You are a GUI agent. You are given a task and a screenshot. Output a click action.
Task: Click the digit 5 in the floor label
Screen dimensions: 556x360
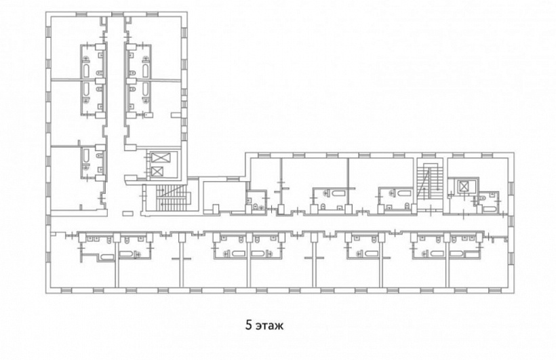click(x=249, y=325)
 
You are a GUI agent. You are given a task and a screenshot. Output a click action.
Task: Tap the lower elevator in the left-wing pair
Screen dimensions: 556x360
click(x=156, y=172)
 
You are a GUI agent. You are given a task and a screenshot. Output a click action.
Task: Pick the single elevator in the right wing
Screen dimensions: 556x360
click(x=464, y=186)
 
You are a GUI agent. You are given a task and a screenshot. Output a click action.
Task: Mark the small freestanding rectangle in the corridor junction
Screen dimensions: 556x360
click(x=127, y=214)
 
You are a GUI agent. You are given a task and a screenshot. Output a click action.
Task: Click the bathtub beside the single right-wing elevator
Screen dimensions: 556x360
click(x=490, y=209)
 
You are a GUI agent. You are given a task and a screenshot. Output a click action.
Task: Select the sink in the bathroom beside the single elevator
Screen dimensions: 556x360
click(x=493, y=195)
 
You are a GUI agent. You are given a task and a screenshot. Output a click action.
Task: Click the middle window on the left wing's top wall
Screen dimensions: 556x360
click(x=117, y=14)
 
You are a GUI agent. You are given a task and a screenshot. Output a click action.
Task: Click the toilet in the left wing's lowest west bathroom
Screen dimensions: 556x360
click(x=99, y=155)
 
